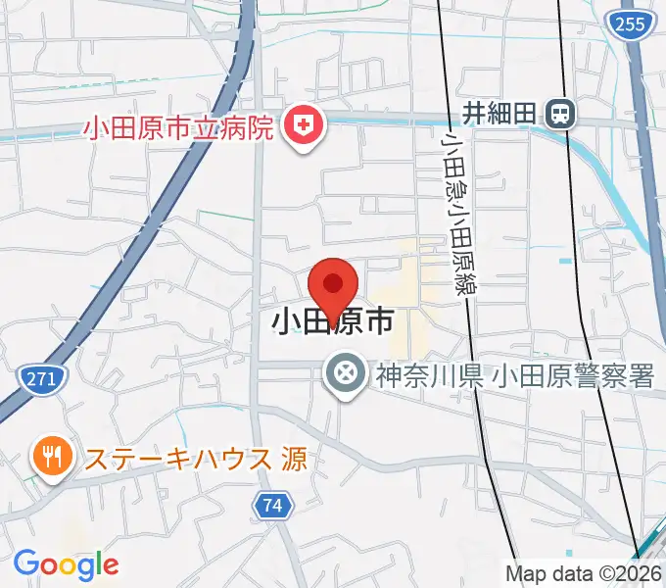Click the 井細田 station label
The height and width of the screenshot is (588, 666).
499,114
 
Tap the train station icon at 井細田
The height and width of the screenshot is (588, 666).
561,114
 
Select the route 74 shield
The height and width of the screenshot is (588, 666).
273,506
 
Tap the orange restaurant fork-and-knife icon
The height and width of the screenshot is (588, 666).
49,456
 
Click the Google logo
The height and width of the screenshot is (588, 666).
66,564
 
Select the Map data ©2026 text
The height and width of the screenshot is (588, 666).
583,572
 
